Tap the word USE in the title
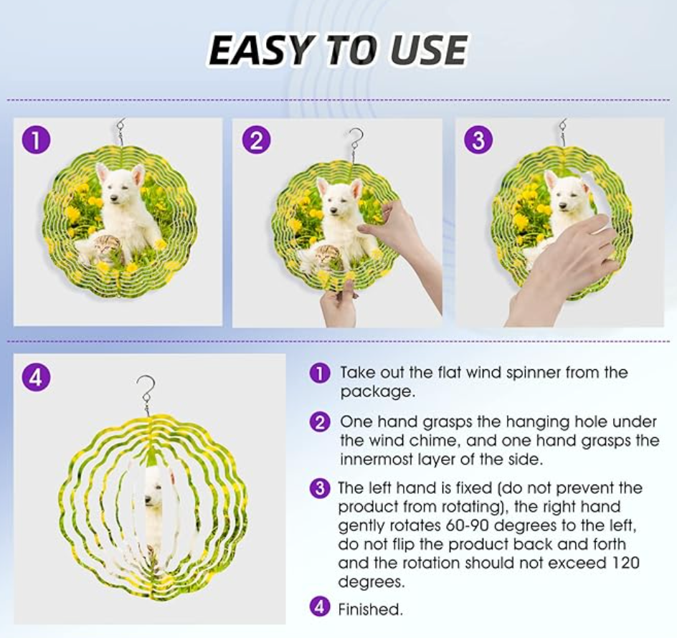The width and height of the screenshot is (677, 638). [426, 49]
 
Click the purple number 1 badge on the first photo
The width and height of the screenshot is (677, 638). [36, 140]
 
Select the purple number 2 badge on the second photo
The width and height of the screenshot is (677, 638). [257, 141]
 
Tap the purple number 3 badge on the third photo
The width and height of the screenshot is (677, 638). [478, 140]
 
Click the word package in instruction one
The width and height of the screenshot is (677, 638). [375, 392]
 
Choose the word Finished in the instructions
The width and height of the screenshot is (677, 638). [370, 609]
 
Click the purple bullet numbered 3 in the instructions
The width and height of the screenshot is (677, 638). [320, 488]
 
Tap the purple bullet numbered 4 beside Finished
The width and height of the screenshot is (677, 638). [320, 607]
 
